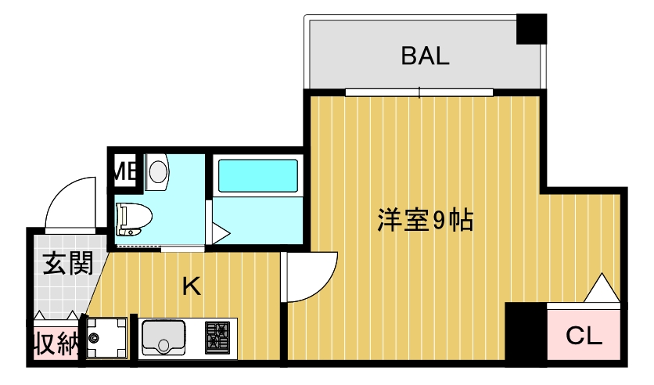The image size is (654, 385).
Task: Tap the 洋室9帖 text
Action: (425, 221)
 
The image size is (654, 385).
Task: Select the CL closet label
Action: (584, 337)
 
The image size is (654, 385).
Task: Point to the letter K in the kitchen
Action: (191, 286)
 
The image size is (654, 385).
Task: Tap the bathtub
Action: (257, 176)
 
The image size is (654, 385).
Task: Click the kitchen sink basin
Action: (163, 338)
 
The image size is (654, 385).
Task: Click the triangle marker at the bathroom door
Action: (218, 232)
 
